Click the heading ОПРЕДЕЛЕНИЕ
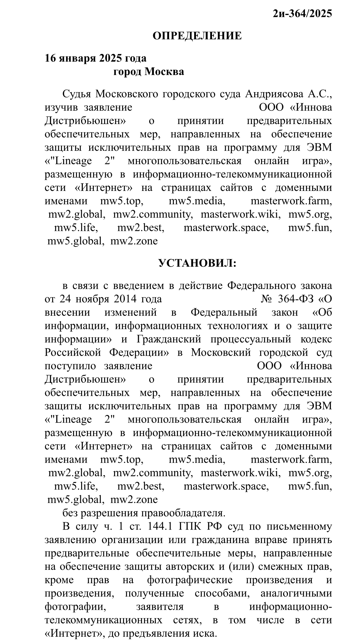tap(197, 36)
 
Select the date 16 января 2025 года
tap(96, 58)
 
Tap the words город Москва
tap(149, 71)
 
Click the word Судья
tap(77, 94)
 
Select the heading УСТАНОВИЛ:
tap(197, 263)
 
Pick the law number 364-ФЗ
tap(296, 299)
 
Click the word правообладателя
tap(180, 513)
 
